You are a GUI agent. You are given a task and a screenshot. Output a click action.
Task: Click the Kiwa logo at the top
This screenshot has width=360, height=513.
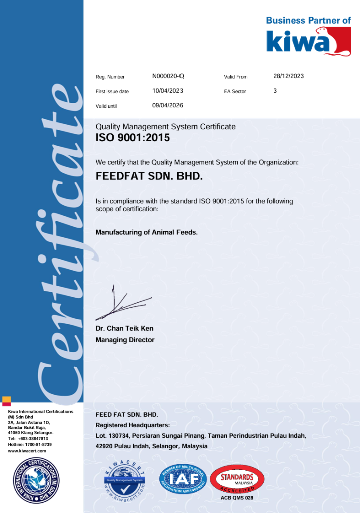click(308, 41)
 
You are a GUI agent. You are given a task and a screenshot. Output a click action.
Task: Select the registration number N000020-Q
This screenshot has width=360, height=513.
click(168, 76)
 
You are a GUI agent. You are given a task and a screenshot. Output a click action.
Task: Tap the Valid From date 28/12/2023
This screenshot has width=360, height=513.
click(288, 76)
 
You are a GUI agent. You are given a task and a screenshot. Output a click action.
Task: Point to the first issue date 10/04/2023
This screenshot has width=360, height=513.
click(167, 91)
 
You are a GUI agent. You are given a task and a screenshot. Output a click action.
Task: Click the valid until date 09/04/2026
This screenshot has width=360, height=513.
click(167, 105)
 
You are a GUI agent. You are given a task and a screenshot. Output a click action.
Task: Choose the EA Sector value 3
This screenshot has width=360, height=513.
click(275, 91)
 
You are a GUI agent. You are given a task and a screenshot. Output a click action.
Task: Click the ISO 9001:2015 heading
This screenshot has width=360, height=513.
click(132, 138)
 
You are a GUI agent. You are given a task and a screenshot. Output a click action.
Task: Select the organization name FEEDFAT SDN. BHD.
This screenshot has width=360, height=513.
click(149, 177)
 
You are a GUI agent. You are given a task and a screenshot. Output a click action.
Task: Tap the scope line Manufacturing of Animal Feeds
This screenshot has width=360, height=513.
click(146, 232)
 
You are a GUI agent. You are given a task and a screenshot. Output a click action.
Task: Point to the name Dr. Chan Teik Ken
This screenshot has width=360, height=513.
click(124, 329)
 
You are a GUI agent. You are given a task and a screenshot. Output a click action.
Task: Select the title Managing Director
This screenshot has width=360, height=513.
click(125, 340)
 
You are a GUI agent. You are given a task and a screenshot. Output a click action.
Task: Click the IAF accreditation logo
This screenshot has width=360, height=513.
click(183, 479)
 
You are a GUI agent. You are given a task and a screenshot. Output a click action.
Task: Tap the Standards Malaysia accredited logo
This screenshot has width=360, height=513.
click(237, 479)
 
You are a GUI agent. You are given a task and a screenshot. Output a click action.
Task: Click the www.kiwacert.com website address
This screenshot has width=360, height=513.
click(27, 451)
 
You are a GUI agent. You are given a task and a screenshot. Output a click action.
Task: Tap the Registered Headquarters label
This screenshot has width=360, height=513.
click(132, 425)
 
